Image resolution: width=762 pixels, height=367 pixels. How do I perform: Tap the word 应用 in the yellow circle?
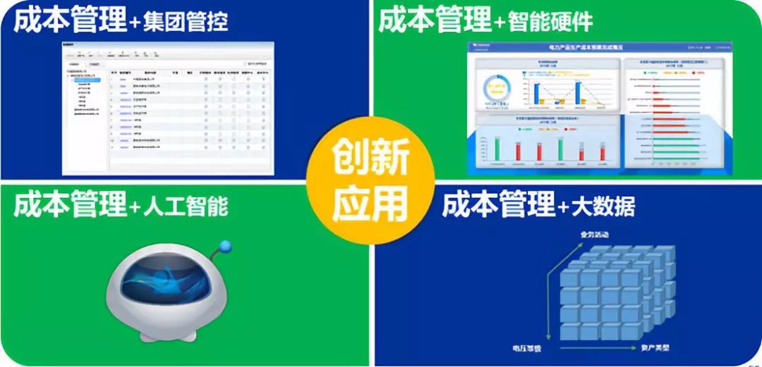371,203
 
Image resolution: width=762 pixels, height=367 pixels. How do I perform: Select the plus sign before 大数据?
563,208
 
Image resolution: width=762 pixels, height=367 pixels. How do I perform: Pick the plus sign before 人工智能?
135,208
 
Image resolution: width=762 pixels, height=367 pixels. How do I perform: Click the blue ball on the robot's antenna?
225,247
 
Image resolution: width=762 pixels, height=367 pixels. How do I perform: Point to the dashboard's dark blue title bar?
610,47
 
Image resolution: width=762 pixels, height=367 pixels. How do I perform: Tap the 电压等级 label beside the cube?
526,347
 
